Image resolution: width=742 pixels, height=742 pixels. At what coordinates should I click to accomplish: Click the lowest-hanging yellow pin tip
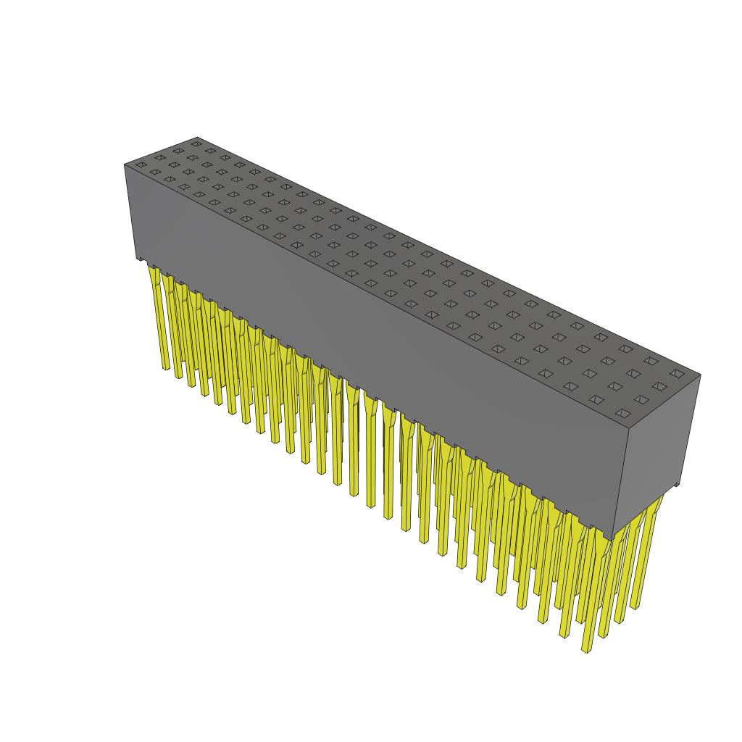click(586, 650)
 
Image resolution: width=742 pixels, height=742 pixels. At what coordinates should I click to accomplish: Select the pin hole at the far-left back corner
click(196, 143)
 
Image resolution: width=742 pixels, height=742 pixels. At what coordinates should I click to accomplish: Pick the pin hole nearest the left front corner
click(141, 165)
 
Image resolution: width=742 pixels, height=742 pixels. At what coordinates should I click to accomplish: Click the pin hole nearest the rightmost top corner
click(677, 373)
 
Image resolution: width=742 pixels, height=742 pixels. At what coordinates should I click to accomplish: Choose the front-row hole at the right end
click(622, 413)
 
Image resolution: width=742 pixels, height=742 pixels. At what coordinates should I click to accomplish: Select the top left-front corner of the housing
click(125, 164)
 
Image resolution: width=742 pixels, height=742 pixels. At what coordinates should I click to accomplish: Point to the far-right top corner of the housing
click(701, 375)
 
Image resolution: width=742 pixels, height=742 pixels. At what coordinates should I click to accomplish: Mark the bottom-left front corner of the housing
click(136, 259)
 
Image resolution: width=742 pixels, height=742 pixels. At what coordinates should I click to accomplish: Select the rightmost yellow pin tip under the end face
click(636, 607)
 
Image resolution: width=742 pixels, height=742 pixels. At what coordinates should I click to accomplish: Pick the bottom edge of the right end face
click(645, 510)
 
